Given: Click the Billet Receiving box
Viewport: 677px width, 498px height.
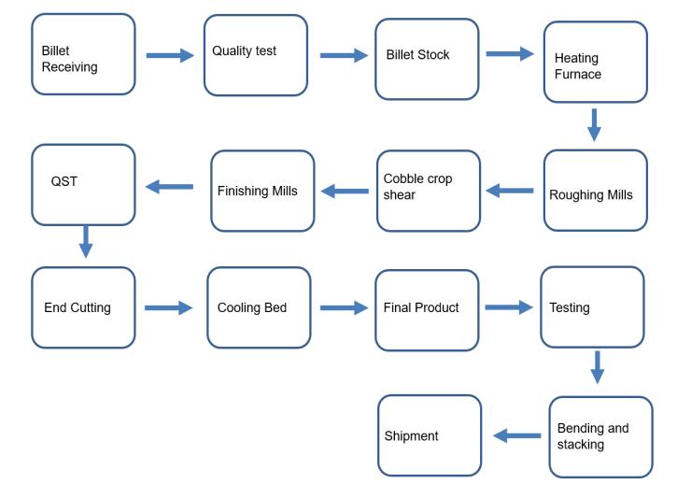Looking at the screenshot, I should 83,54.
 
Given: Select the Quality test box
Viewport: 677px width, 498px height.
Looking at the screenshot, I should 256,54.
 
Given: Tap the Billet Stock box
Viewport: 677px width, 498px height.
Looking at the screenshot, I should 427,58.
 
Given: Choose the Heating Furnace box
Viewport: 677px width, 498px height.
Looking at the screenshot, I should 595,62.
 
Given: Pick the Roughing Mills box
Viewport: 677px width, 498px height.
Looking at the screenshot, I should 595,191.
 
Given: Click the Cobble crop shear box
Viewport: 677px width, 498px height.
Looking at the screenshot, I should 428,191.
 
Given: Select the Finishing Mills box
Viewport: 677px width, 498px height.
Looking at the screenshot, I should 262,191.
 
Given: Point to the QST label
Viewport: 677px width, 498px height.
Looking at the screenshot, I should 64,181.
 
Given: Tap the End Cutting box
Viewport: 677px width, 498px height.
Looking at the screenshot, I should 83,307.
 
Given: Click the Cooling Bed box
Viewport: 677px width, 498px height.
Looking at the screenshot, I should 259,307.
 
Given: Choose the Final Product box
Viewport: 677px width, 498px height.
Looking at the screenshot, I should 427,310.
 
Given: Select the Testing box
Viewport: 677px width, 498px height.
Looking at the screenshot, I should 592,306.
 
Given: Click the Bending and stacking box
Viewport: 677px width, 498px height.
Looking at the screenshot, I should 600,436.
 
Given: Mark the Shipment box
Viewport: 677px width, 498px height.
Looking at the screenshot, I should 430,434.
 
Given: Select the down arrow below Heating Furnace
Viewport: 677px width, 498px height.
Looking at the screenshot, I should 594,124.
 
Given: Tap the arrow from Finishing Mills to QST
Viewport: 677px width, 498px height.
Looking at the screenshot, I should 169,187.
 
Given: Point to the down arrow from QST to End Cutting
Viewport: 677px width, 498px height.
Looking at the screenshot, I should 86,241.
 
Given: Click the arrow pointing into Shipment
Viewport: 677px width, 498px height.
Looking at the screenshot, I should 516,435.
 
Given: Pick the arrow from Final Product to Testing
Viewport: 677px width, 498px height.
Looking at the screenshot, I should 509,306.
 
